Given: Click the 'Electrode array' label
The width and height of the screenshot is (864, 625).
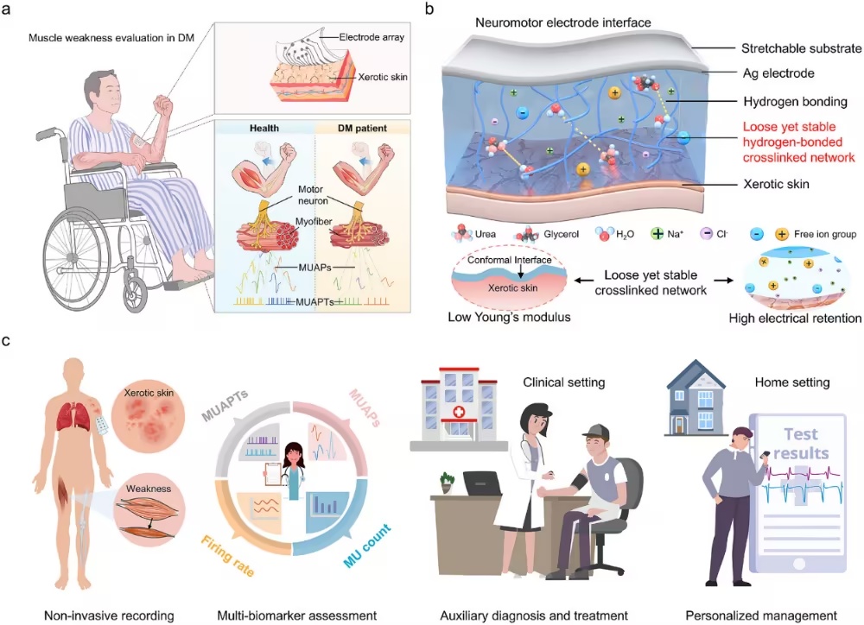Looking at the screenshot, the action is click(x=372, y=37).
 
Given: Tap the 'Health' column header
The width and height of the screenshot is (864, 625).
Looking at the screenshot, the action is click(x=264, y=129).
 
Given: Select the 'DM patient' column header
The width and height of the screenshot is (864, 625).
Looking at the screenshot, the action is click(x=362, y=129).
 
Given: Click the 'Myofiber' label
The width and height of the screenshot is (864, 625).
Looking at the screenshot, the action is click(x=314, y=221).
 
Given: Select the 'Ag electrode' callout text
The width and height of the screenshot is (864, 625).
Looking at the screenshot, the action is click(x=778, y=73).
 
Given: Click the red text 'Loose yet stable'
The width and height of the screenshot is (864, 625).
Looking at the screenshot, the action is click(x=789, y=127).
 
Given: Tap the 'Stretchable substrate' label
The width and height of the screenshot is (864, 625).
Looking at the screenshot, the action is click(x=801, y=48).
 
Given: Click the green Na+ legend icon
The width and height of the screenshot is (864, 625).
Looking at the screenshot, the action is click(x=657, y=234).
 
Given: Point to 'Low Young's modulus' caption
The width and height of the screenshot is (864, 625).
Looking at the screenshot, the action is click(x=509, y=317).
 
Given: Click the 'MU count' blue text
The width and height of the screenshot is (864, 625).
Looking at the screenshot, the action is click(x=367, y=546).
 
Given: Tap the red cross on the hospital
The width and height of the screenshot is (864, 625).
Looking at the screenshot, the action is click(x=459, y=413).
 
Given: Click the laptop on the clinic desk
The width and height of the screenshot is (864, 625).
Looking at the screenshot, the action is click(x=480, y=483).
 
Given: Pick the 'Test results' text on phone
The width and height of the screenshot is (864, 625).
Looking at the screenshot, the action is click(x=801, y=443).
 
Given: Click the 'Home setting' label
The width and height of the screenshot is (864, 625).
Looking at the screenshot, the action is click(x=791, y=382).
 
